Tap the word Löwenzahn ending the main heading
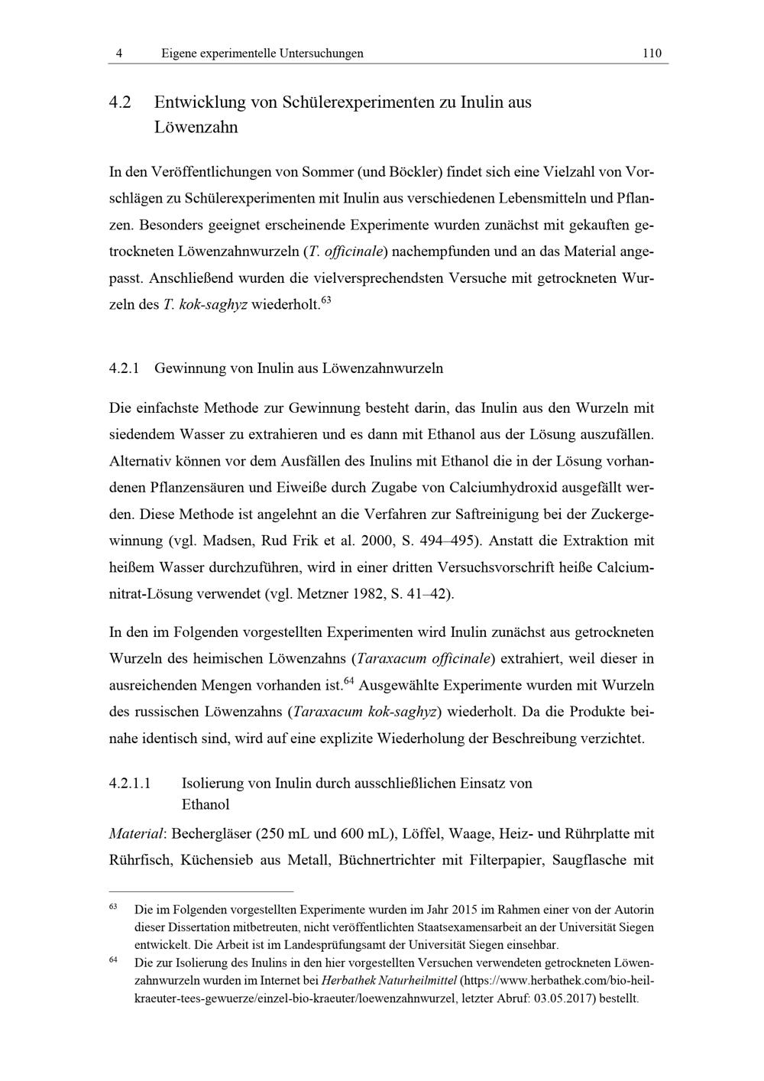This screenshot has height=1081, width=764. [196, 127]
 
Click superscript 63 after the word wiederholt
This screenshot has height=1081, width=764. [326, 300]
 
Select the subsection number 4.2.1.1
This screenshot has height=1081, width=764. [131, 784]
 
